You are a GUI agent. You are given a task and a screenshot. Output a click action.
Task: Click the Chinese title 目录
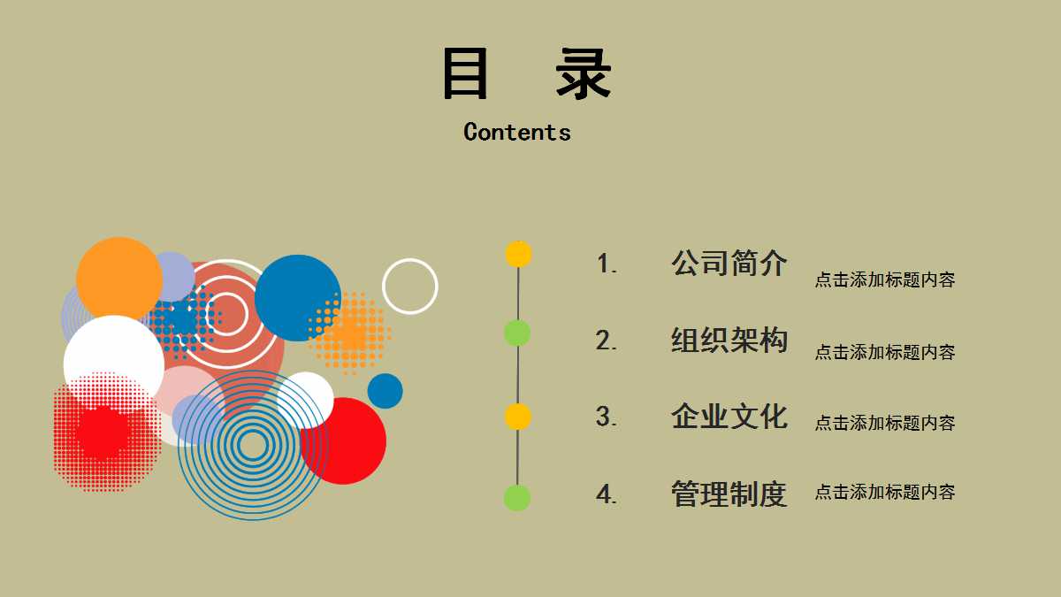coord(527,74)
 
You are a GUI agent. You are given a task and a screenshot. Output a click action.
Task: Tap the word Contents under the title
coord(517,133)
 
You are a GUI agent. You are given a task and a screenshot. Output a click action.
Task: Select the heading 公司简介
coord(729,263)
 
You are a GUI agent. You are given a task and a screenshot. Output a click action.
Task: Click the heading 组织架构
coord(729,340)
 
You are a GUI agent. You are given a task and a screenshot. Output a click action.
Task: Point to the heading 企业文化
coord(729,416)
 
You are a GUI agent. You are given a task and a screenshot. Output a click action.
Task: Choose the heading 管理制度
coord(729,494)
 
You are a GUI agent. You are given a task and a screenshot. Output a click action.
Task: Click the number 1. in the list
coord(607,264)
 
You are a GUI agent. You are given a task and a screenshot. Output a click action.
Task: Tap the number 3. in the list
coord(607,417)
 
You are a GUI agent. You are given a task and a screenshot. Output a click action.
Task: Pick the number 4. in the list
coord(607,494)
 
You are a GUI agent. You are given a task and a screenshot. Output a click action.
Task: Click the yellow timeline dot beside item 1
coord(518,254)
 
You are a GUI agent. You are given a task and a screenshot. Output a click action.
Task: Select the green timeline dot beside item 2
coord(517,333)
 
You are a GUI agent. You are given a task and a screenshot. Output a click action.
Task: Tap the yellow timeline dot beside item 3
coord(517,416)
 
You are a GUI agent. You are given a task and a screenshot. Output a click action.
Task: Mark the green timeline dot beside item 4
coord(517,498)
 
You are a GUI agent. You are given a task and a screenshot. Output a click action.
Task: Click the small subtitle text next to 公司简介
coord(884,280)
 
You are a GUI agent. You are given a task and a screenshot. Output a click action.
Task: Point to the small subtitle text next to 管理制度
coord(884,492)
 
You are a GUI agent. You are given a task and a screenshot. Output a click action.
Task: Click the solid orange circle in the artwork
coord(118,279)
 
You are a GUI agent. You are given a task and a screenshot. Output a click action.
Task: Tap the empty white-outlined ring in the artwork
coord(409,286)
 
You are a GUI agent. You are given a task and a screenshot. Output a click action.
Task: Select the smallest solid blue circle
coord(385,391)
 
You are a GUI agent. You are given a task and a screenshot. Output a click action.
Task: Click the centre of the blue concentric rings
coord(252,446)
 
